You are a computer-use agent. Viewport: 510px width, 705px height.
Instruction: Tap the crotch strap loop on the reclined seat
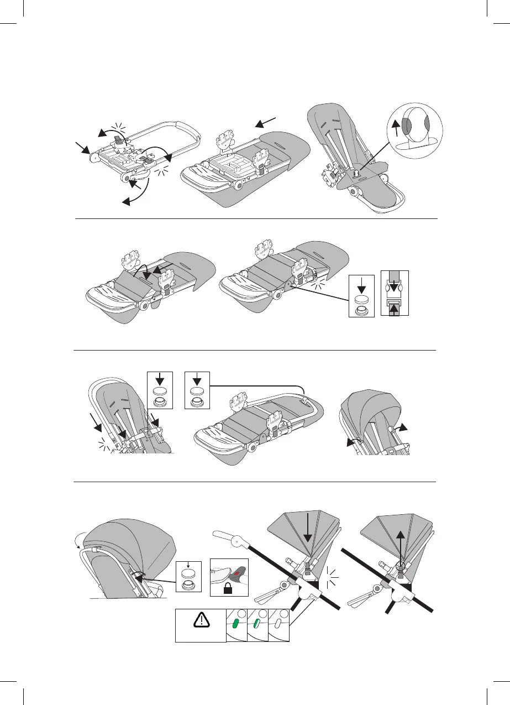pos(356,173)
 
